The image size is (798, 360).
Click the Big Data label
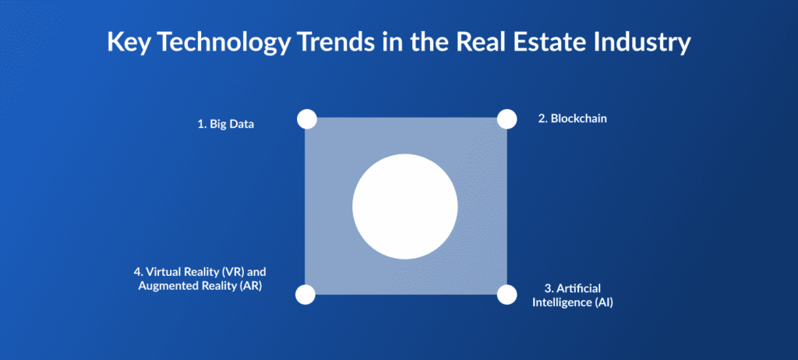tap(225, 124)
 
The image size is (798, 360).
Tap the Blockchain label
tap(573, 119)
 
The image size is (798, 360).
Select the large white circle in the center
tap(405, 206)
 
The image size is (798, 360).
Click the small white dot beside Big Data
tap(307, 119)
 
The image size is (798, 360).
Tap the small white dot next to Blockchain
tap(507, 118)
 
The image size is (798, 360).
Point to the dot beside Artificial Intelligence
tap(507, 295)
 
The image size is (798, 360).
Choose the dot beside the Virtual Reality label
tap(305, 295)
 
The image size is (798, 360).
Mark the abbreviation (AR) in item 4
tap(252, 285)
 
